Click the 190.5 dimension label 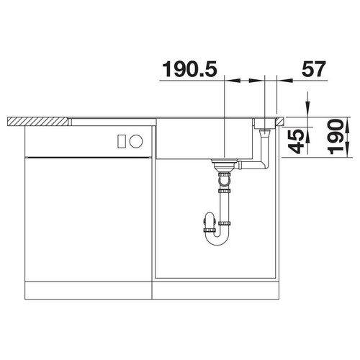pyautogui.click(x=189, y=69)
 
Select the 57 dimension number pyautogui.click(x=314, y=69)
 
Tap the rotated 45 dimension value pyautogui.click(x=297, y=141)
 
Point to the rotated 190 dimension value pyautogui.click(x=336, y=137)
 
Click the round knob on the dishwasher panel pyautogui.click(x=136, y=141)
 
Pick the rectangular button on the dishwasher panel pyautogui.click(x=122, y=141)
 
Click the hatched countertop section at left pyautogui.click(x=37, y=122)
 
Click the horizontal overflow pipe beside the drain pyautogui.click(x=252, y=165)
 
